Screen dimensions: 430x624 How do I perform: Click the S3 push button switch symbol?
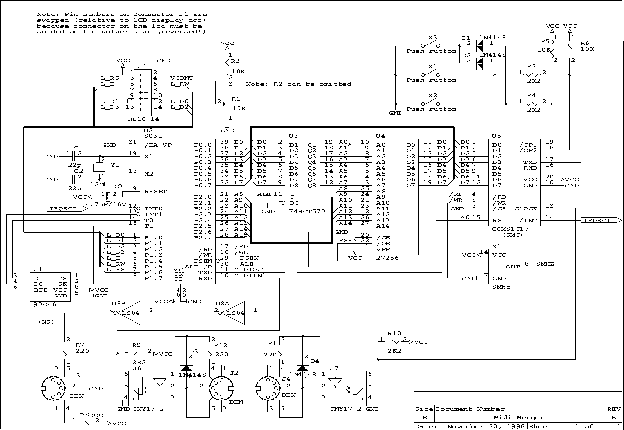point(431,46)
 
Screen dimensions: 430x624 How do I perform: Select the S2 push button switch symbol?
point(431,104)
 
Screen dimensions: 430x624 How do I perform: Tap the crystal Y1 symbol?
point(100,167)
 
